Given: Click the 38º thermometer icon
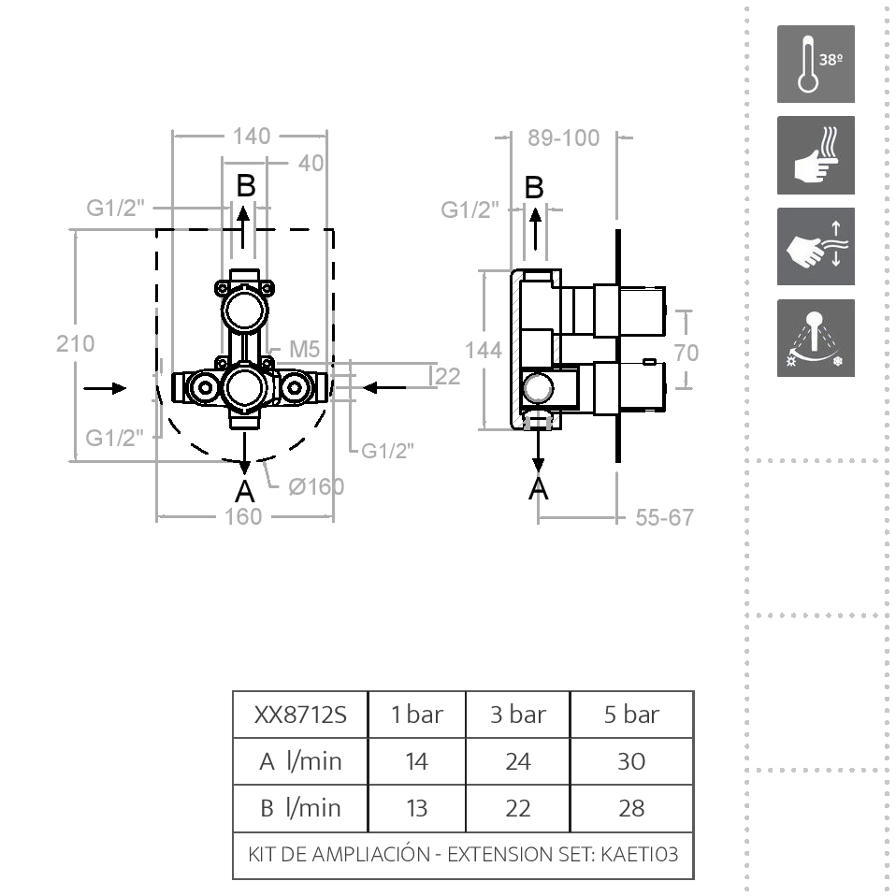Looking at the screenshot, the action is pos(816,64).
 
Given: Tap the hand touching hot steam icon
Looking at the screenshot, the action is pos(816,155).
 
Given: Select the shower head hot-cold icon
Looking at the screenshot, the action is pos(816,339).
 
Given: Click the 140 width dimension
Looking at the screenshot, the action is pos(252,137).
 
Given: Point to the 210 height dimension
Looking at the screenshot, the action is pos(76,344).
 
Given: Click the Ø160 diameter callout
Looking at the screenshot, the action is pos(316,487).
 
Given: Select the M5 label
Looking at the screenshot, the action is pos(305,349).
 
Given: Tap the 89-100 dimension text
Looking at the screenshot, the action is pos(563,138).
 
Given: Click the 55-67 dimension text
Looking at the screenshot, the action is pos(665,518).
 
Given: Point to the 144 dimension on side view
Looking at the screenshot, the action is pos(484,351).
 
